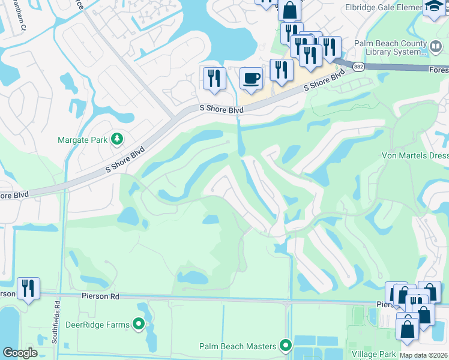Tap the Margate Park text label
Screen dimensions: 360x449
point(82,140)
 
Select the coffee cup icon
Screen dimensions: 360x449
point(251,78)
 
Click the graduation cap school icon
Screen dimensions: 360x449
point(432,8)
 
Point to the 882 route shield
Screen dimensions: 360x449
point(358,66)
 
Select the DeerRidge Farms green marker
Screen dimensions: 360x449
point(139,325)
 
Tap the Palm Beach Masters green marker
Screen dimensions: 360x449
point(286,346)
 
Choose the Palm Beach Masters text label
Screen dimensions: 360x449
point(238,346)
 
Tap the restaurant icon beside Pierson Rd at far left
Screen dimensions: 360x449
point(28,289)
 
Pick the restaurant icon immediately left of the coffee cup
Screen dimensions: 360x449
point(214,78)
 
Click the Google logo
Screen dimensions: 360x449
point(20,353)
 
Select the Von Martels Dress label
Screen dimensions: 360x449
point(415,155)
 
